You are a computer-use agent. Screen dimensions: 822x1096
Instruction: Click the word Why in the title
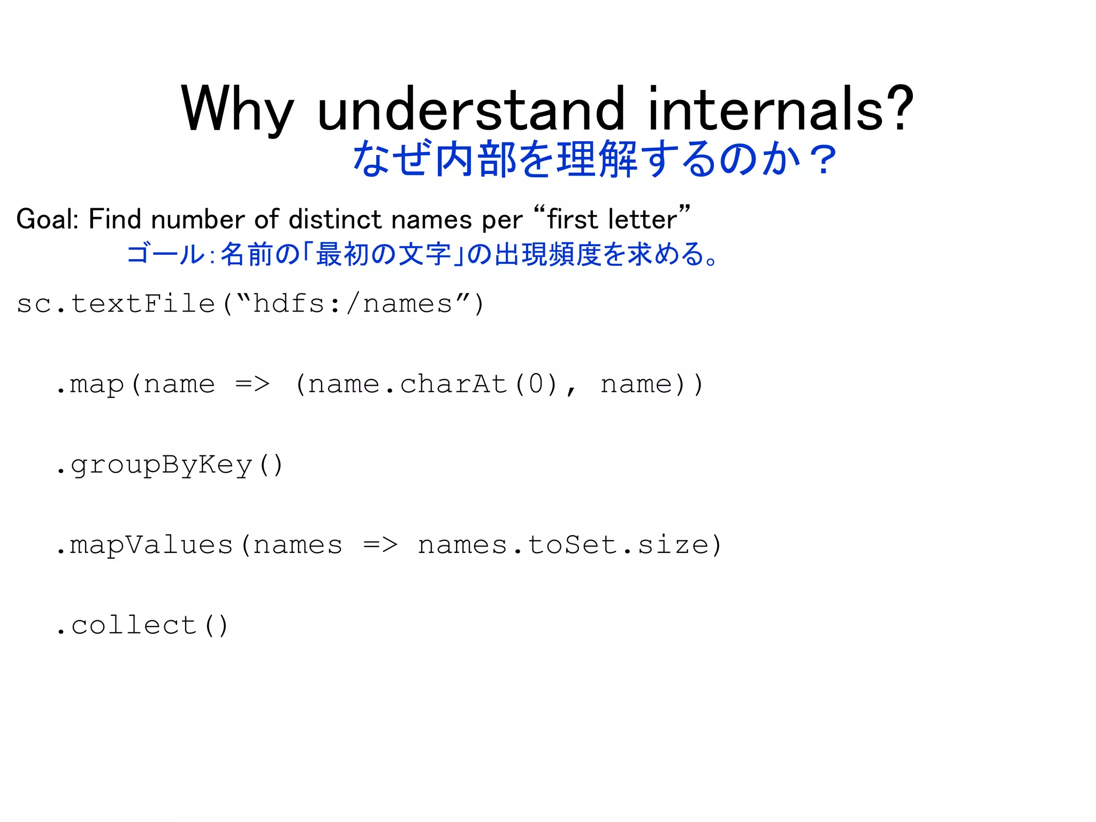point(238,110)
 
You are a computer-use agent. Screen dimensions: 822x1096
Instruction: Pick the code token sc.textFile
point(116,304)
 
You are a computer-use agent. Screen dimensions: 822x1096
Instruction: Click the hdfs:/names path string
point(353,304)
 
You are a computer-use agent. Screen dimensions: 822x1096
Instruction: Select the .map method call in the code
point(90,385)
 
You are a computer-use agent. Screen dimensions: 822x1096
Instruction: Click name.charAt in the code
point(407,385)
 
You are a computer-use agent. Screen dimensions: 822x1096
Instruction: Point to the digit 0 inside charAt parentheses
point(536,385)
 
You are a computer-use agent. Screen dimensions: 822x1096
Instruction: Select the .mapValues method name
point(144,545)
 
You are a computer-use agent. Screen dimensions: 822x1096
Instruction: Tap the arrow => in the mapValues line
point(380,545)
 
